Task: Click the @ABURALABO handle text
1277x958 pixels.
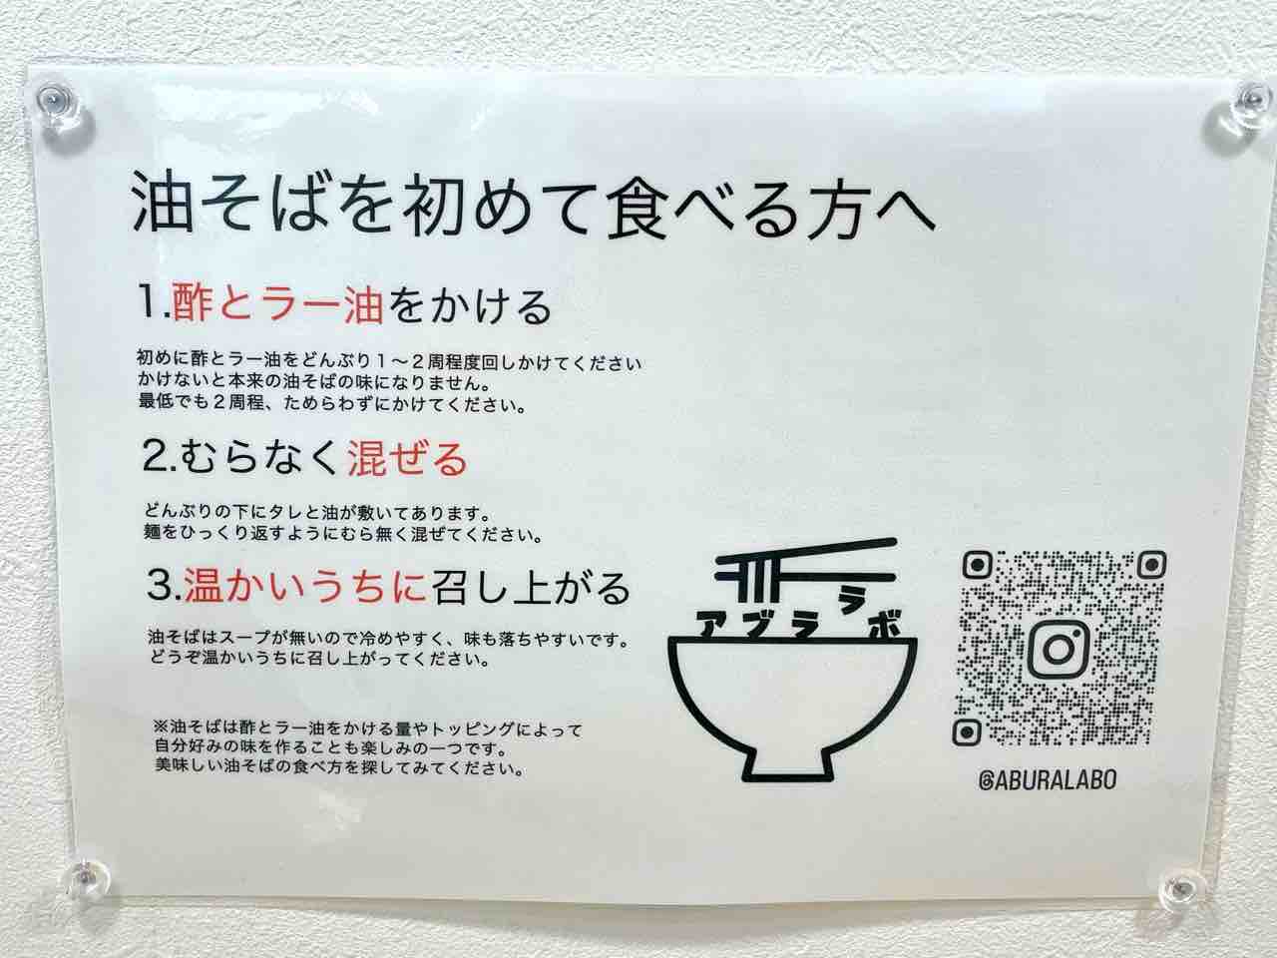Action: coord(1048,780)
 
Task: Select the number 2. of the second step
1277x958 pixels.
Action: coord(160,458)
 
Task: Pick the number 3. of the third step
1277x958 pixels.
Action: coord(164,586)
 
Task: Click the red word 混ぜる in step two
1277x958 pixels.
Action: coord(407,458)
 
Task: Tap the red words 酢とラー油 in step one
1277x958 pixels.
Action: coord(277,304)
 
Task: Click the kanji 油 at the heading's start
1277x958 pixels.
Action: coord(162,201)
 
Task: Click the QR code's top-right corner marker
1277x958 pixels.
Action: coord(1150,565)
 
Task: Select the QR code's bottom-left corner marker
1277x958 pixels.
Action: coord(967,732)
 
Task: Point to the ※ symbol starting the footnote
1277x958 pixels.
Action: coord(161,727)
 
